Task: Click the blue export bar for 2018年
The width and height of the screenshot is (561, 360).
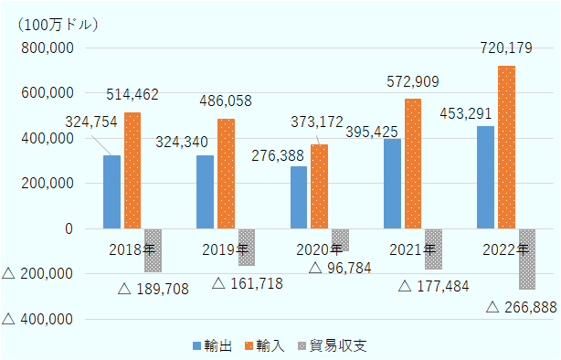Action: pyautogui.click(x=111, y=192)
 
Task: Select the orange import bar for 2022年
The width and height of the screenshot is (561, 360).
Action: pyautogui.click(x=506, y=147)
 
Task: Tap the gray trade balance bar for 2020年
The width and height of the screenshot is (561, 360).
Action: pyautogui.click(x=340, y=239)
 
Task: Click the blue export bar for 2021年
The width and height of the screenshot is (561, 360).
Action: pyautogui.click(x=392, y=184)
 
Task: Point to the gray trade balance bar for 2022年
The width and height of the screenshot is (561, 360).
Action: pyautogui.click(x=527, y=259)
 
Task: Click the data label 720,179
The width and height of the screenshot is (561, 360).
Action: pyautogui.click(x=503, y=47)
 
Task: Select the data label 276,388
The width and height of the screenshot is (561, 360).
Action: pyautogui.click(x=280, y=157)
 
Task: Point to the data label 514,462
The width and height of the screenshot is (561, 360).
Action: pyautogui.click(x=132, y=93)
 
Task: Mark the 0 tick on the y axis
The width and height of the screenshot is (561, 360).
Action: pyautogui.click(x=69, y=228)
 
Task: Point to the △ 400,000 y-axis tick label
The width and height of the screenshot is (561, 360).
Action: pyautogui.click(x=38, y=319)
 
